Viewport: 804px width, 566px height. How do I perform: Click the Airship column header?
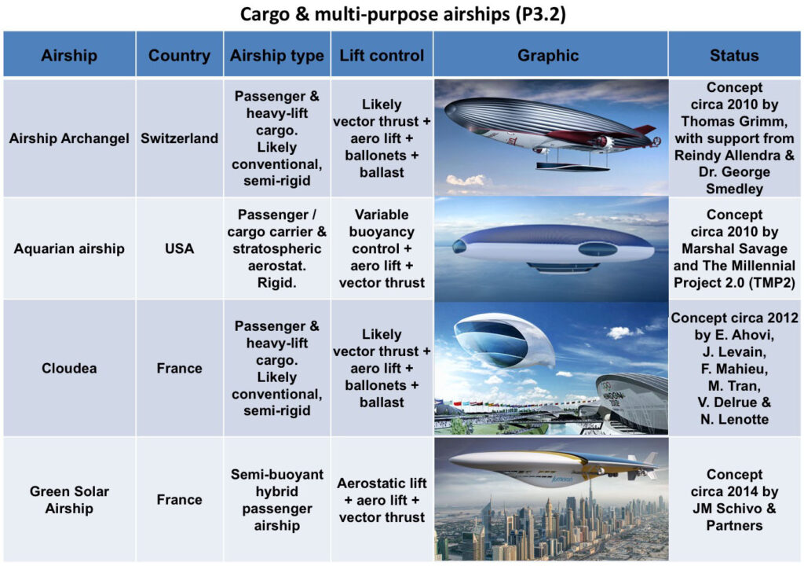pos(69,55)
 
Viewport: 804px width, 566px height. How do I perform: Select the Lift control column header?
pos(382,55)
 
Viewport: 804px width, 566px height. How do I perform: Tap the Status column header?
pos(734,55)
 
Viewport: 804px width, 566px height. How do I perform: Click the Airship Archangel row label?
pos(69,138)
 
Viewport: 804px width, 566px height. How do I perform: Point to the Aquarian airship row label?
pos(69,248)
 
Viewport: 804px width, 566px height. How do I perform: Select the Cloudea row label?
pos(69,368)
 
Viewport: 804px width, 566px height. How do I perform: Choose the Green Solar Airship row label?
pos(69,500)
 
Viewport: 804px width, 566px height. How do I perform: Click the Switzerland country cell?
pos(180,138)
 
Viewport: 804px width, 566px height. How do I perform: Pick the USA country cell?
pos(180,248)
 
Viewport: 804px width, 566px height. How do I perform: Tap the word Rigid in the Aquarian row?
pos(276,282)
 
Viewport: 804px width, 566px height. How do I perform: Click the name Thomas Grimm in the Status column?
pos(734,121)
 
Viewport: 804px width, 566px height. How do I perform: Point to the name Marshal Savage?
pos(734,248)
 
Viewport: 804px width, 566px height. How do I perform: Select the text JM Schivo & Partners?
pos(734,516)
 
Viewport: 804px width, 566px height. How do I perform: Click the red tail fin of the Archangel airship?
pos(644,130)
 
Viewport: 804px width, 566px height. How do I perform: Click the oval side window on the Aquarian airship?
pos(598,250)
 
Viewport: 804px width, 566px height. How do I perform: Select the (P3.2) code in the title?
pos(540,14)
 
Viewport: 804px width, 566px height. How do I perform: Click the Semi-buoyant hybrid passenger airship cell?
pos(277,500)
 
